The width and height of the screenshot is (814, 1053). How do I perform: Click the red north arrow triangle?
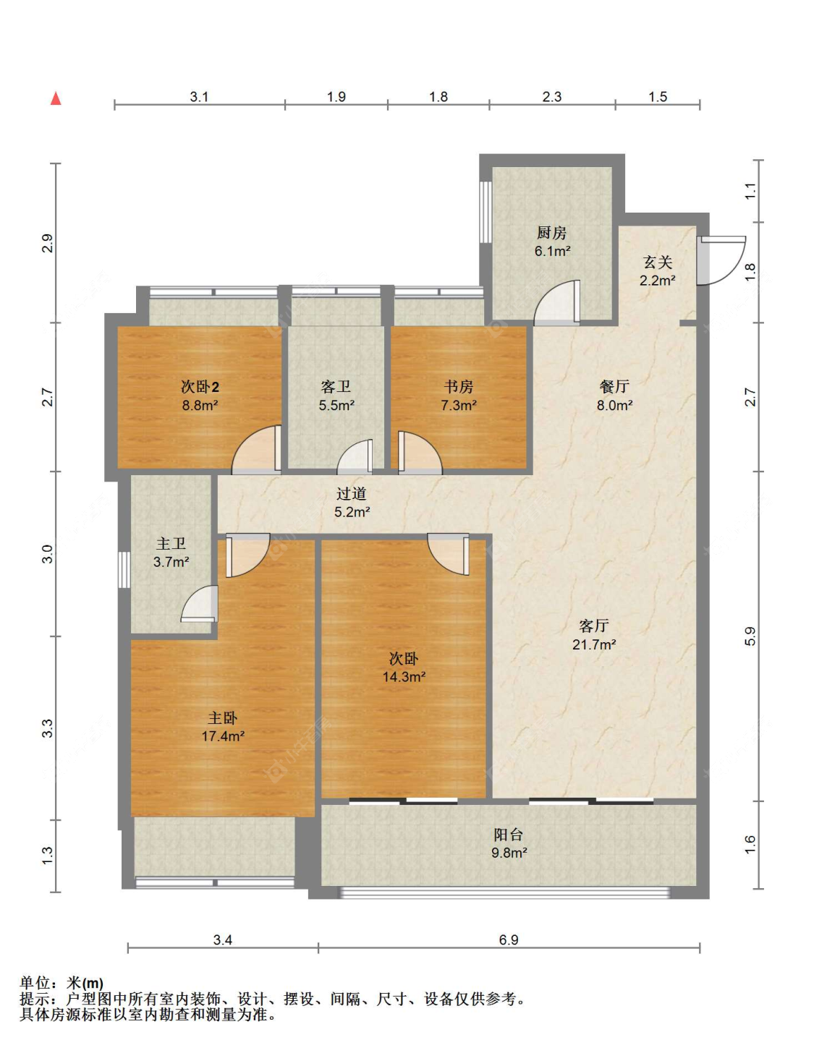tap(56, 98)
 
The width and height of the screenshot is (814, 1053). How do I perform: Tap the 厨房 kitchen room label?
tap(552, 233)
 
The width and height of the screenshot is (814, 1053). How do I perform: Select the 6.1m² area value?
tap(552, 251)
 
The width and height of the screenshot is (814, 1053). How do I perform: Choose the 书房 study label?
tap(459, 387)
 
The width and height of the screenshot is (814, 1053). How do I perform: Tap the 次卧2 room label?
tap(200, 387)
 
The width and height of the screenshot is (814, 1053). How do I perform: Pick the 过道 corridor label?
tap(352, 494)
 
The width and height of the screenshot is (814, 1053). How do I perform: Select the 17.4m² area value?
tap(223, 736)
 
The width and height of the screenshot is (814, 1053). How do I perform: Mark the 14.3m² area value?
tap(404, 677)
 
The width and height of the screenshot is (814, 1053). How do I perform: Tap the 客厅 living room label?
tap(594, 626)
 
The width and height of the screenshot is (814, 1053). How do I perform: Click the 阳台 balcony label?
tap(509, 835)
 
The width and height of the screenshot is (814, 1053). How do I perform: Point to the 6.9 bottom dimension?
tap(509, 940)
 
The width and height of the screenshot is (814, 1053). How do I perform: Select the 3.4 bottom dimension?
tap(223, 940)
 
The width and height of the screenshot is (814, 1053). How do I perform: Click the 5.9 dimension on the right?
tap(750, 636)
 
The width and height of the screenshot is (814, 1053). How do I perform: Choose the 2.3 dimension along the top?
tap(552, 97)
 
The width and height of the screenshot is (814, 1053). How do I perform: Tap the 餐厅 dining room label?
tap(614, 387)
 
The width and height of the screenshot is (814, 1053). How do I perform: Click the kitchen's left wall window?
tap(486, 212)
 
